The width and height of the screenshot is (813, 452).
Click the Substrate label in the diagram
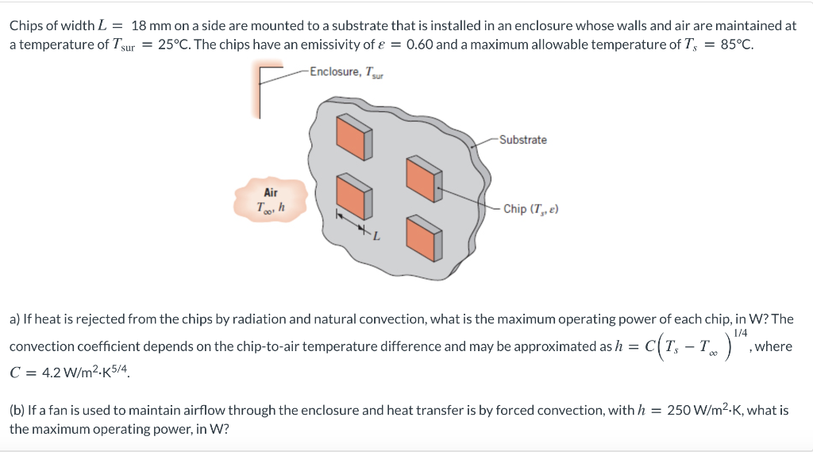click(x=522, y=140)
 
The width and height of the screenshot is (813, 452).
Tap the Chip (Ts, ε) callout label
click(x=530, y=209)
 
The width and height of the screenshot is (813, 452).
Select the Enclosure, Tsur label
click(x=346, y=72)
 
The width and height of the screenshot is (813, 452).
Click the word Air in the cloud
click(x=271, y=192)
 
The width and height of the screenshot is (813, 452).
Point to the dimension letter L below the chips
click(x=376, y=236)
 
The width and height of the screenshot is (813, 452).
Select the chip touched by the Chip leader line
click(x=422, y=177)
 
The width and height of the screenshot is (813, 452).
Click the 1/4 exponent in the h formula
click(x=741, y=333)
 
